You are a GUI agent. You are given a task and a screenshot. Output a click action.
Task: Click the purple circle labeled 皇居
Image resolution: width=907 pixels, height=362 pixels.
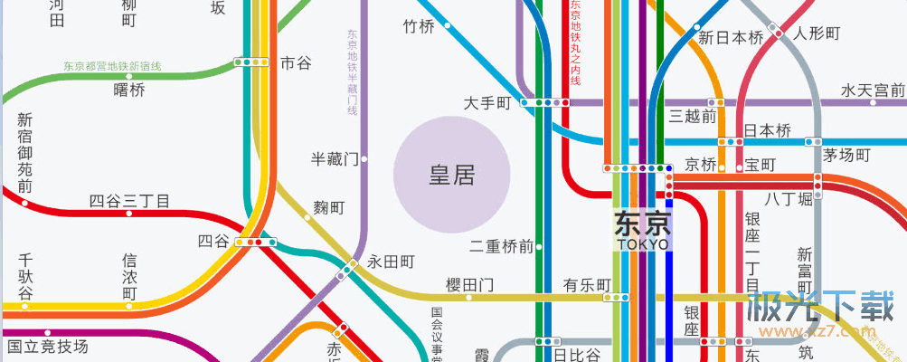(452, 175)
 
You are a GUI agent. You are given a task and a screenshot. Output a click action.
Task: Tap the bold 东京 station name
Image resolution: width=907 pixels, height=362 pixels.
(643, 223)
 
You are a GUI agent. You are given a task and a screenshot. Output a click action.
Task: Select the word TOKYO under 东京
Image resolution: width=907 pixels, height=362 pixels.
(643, 244)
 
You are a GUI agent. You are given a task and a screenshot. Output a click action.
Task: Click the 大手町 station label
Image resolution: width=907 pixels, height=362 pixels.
(487, 103)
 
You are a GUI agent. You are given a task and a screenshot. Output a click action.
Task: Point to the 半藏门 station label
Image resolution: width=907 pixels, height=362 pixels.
(335, 158)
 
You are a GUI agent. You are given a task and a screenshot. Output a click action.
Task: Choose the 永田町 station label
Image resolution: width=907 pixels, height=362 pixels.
(391, 262)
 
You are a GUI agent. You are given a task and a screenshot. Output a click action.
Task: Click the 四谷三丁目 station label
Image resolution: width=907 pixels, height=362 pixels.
(129, 201)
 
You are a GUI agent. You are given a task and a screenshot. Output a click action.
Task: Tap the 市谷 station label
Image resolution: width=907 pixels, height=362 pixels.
(296, 62)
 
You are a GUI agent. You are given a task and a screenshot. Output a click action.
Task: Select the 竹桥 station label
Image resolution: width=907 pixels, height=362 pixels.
(419, 26)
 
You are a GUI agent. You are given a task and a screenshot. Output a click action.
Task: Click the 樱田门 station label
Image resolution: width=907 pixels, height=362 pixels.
(470, 285)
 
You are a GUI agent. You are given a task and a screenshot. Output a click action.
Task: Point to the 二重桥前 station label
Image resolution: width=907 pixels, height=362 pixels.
(502, 245)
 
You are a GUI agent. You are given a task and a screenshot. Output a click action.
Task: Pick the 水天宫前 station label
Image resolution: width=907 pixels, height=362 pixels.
(873, 90)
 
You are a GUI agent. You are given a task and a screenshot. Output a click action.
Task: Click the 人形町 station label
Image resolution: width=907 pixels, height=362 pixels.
(817, 33)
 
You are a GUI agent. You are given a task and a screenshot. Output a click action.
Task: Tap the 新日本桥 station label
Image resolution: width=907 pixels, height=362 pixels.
(731, 38)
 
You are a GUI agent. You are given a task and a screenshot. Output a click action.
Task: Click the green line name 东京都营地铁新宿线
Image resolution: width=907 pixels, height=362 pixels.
(112, 66)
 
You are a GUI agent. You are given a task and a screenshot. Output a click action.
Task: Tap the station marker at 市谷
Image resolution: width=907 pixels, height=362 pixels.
(250, 62)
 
